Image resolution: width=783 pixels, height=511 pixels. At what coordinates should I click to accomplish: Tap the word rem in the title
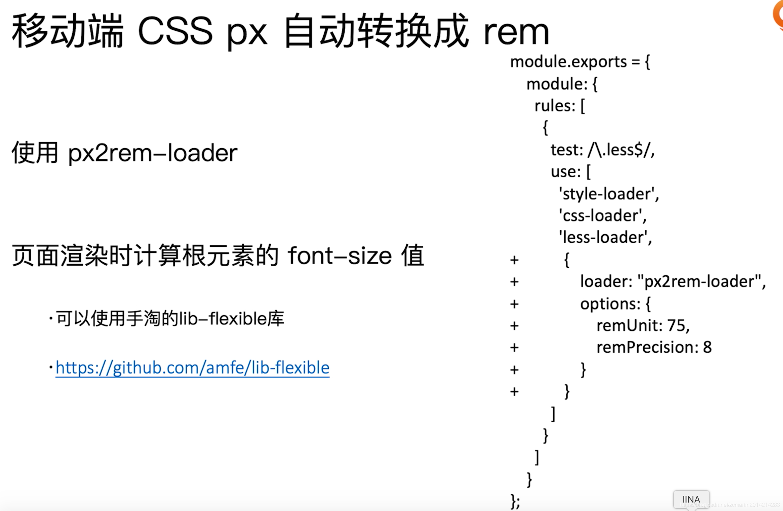516,32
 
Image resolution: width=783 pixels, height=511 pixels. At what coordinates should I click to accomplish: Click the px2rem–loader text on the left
153,153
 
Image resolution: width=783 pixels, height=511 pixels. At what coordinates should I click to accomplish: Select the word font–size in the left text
340,256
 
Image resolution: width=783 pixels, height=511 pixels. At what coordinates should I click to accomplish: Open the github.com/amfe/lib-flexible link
192,368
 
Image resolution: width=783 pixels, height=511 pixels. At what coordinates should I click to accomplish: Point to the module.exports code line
579,62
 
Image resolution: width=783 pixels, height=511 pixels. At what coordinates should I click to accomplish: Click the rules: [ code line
560,106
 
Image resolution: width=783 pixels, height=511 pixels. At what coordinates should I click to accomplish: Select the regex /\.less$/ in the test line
621,150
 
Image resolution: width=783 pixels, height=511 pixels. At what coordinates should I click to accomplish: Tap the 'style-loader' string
608,194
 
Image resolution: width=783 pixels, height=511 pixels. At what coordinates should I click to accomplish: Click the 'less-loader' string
605,238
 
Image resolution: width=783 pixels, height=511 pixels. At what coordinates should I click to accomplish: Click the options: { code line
615,304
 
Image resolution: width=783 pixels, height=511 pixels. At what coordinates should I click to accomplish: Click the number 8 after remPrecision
707,347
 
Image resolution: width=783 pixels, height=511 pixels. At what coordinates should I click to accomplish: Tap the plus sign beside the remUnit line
514,326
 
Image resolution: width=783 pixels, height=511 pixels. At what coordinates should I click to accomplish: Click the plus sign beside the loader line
514,282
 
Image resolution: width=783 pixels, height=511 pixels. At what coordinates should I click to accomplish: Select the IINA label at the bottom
691,499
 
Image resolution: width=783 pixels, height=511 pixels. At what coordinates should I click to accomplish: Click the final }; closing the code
515,501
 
